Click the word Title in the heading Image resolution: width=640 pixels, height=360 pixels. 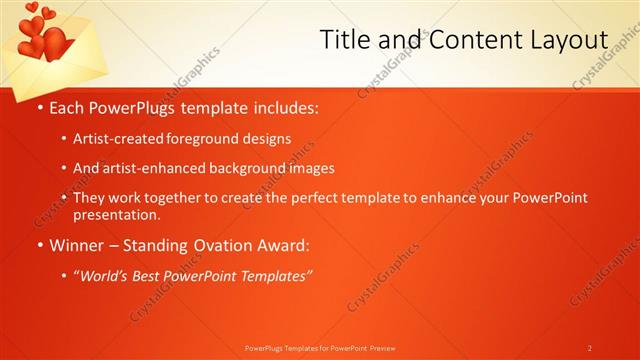click(x=344, y=39)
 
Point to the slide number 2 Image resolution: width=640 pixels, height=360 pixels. click(x=590, y=348)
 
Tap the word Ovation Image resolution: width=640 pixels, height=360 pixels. click(x=211, y=245)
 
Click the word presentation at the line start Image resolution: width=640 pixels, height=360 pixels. click(x=116, y=215)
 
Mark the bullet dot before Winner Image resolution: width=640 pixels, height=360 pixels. click(x=39, y=245)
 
